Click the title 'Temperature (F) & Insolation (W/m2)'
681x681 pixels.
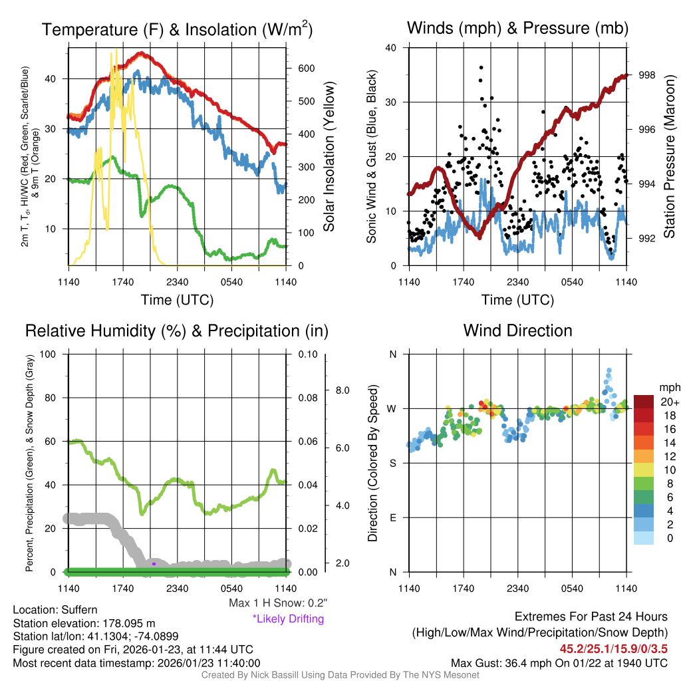point(177,30)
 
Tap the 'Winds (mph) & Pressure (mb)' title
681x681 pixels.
point(517,28)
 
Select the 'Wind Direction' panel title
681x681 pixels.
point(517,331)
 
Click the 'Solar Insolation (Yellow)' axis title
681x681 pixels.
point(329,157)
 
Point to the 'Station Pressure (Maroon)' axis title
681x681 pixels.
point(670,157)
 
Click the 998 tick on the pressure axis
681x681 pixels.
point(646,75)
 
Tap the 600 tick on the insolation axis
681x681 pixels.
point(306,68)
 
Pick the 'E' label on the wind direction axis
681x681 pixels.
point(392,517)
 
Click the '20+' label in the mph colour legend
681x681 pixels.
point(668,402)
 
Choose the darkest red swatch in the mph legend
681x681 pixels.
point(644,402)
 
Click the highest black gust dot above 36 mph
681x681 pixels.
point(480,67)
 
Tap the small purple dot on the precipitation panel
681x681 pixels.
point(154,563)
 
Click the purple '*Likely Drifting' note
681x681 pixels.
point(288,619)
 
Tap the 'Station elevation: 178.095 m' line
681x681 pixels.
point(84,623)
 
